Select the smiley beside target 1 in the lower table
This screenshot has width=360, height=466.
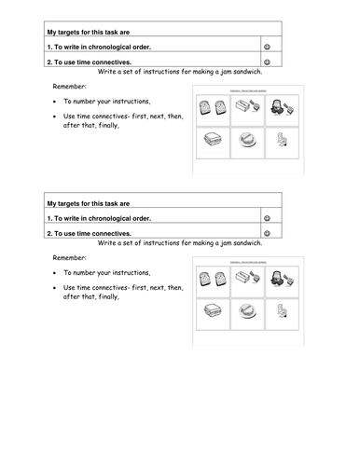(x=269, y=218)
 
